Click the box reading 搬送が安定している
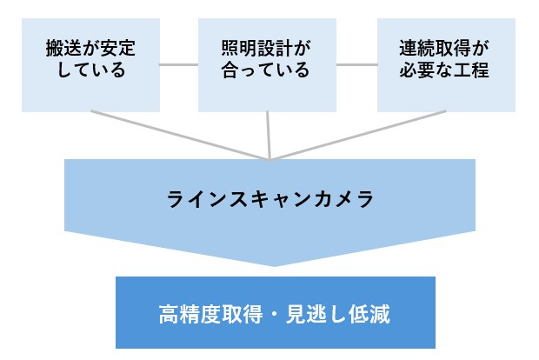click(90, 60)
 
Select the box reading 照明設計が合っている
click(267, 60)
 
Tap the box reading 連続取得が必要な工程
click(445, 60)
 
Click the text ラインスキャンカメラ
click(269, 199)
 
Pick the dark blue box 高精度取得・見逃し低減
click(275, 311)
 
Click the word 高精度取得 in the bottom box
click(202, 311)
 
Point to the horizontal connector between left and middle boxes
click(179, 64)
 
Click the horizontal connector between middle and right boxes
click(356, 64)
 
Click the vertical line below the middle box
click(269, 135)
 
